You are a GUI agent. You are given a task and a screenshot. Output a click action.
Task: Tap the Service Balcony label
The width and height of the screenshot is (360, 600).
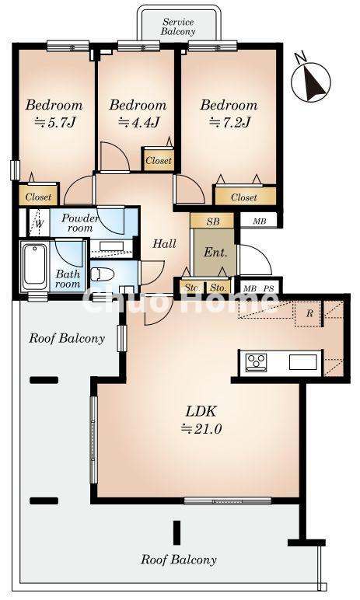tap(178, 26)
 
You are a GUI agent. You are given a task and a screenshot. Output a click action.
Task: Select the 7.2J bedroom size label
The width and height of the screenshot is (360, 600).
tap(230, 123)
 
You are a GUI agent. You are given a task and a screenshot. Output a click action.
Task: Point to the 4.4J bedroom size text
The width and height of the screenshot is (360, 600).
tap(139, 123)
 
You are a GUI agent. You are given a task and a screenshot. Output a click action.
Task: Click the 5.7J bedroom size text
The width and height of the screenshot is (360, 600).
tap(55, 123)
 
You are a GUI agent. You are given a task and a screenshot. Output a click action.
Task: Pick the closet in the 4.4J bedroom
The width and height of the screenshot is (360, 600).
tap(158, 159)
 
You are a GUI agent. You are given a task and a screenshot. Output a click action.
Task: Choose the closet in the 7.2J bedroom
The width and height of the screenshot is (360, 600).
tap(245, 196)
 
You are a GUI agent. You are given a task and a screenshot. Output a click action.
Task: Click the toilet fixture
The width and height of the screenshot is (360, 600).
tap(103, 274)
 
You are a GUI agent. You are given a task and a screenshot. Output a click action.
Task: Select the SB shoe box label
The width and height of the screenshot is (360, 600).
tap(212, 222)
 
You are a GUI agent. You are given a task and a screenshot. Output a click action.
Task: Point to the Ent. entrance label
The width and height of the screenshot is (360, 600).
tap(215, 252)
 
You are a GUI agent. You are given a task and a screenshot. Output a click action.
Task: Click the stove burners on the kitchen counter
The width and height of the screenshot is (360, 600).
tap(256, 362)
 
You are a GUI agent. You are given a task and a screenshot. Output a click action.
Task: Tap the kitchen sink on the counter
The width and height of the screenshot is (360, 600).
tap(303, 362)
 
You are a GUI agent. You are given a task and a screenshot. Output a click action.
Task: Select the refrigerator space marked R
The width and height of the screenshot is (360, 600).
tap(309, 313)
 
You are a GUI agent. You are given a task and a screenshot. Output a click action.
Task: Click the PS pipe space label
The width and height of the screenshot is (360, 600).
tap(269, 288)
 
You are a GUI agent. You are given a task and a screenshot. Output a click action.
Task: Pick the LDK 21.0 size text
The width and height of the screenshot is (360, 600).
tap(201, 420)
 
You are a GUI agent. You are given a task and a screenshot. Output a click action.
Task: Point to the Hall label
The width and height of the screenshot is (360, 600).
tap(165, 243)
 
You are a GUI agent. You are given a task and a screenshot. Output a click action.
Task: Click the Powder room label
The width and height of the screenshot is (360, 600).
tap(80, 223)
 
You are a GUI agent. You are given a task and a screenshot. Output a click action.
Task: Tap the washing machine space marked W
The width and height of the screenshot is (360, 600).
tap(40, 223)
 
